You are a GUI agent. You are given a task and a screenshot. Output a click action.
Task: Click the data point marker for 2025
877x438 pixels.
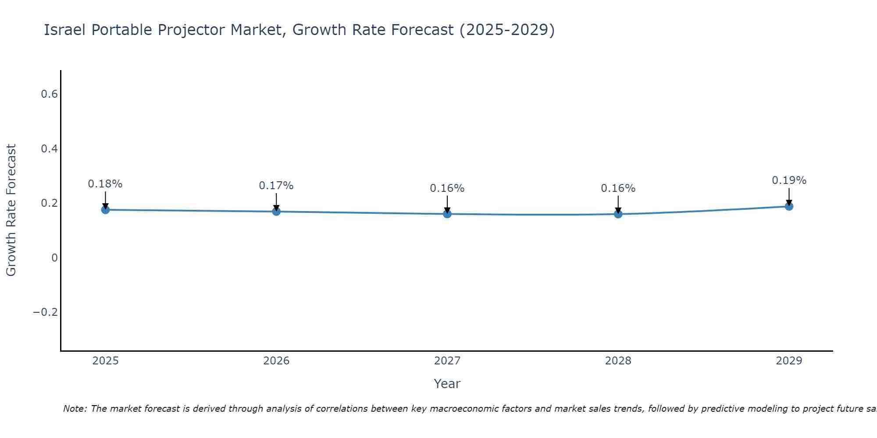(x=105, y=210)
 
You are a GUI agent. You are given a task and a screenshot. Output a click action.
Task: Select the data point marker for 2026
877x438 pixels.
(x=276, y=212)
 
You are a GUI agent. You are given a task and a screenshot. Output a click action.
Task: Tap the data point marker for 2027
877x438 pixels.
(x=447, y=214)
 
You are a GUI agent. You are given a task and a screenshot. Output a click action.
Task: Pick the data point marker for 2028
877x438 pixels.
(x=618, y=214)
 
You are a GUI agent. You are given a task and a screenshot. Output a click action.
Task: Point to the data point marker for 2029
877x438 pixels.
(x=789, y=206)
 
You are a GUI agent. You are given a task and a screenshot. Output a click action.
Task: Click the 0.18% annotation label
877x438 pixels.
(x=105, y=184)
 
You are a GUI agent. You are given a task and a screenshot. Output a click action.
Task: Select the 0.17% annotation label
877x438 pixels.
(x=276, y=186)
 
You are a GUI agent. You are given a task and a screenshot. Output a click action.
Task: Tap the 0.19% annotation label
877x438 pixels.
(x=789, y=180)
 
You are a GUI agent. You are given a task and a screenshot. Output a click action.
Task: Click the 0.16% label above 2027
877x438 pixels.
(x=447, y=188)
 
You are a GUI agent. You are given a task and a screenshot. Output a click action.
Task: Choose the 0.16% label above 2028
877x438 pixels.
(x=618, y=188)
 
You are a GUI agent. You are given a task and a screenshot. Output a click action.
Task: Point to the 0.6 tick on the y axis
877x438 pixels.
(x=49, y=94)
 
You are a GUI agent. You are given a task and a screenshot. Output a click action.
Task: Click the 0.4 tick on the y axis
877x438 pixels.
(x=49, y=149)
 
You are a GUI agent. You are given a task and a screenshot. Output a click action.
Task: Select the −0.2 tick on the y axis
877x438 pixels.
(x=45, y=312)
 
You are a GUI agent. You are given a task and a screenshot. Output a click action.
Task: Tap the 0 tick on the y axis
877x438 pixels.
(x=54, y=258)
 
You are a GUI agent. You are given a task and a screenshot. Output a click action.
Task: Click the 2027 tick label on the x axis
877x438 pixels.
(x=447, y=361)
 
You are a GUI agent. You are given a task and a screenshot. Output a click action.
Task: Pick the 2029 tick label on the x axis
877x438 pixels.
(x=789, y=361)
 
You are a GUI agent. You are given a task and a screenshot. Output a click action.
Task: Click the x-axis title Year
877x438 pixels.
(x=447, y=384)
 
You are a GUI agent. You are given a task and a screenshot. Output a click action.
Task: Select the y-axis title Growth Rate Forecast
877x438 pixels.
(x=11, y=210)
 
